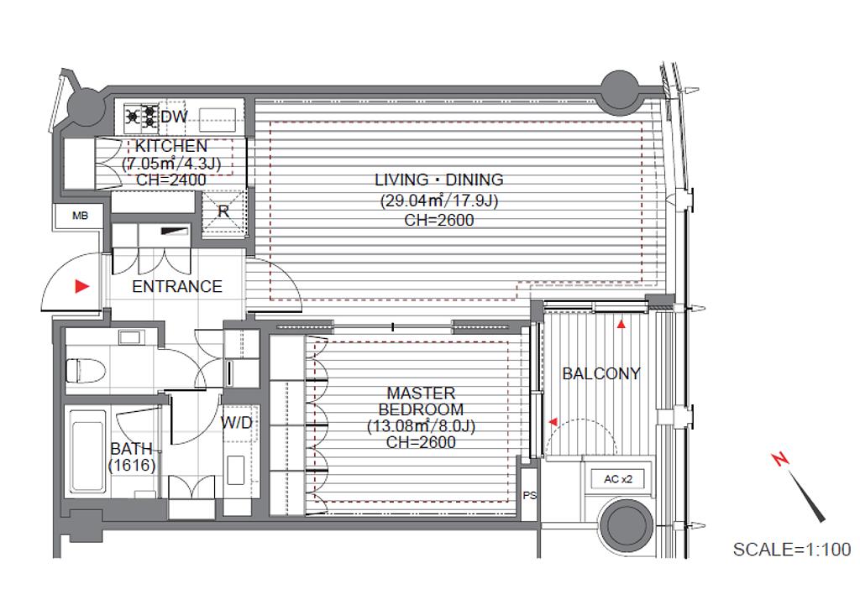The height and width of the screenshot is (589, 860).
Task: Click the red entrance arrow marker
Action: coord(81,286)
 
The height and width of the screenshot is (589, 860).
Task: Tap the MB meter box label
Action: coord(80,216)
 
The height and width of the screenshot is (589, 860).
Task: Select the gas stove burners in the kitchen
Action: coord(141,116)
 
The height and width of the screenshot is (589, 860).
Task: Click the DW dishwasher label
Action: coord(175,116)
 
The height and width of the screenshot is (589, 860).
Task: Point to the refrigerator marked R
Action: coord(223,211)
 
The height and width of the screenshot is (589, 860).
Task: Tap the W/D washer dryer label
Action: coord(237,422)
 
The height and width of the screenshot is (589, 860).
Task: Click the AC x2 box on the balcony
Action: coord(618,479)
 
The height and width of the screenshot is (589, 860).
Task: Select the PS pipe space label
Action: coord(529,496)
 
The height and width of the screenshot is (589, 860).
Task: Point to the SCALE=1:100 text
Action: coord(792,549)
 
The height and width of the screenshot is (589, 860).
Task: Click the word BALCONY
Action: coord(601,373)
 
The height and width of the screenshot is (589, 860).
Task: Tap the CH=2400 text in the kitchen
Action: coord(171,180)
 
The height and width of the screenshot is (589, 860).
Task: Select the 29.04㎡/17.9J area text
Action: coord(438,201)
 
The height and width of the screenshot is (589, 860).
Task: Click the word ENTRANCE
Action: coord(177,286)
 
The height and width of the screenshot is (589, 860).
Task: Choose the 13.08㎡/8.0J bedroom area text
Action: coord(421,425)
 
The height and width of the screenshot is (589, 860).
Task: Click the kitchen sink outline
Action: coord(218,119)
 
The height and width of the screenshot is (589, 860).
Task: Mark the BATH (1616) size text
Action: coord(132,457)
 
